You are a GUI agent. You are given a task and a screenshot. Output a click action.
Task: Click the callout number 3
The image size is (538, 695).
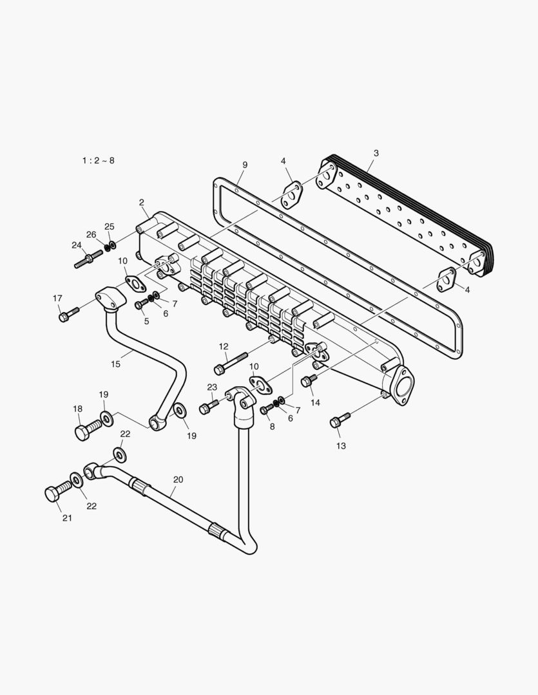(376, 153)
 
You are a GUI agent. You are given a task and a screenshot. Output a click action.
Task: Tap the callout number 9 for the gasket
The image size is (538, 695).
(245, 165)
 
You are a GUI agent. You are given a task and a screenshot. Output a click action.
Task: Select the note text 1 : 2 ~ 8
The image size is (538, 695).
(98, 160)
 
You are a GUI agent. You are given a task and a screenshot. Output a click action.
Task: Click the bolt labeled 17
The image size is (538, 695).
(68, 315)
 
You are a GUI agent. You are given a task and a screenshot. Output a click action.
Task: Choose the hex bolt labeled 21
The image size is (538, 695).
(57, 492)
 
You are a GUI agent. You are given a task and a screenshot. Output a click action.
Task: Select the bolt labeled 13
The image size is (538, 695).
(339, 420)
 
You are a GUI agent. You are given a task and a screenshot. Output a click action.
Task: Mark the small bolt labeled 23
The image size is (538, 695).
(210, 406)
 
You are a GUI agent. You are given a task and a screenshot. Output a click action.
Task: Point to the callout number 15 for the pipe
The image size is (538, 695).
(115, 364)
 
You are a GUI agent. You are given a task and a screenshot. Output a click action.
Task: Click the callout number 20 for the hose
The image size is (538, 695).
(178, 479)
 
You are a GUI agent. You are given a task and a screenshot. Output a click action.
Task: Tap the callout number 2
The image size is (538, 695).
(142, 202)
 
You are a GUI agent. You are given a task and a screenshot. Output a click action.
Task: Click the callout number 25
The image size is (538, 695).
(110, 227)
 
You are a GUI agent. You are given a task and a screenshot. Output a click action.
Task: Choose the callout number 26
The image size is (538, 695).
(91, 234)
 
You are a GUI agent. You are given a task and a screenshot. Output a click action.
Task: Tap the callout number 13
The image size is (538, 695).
(341, 445)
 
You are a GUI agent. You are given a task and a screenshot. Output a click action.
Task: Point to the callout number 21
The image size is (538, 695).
(67, 518)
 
